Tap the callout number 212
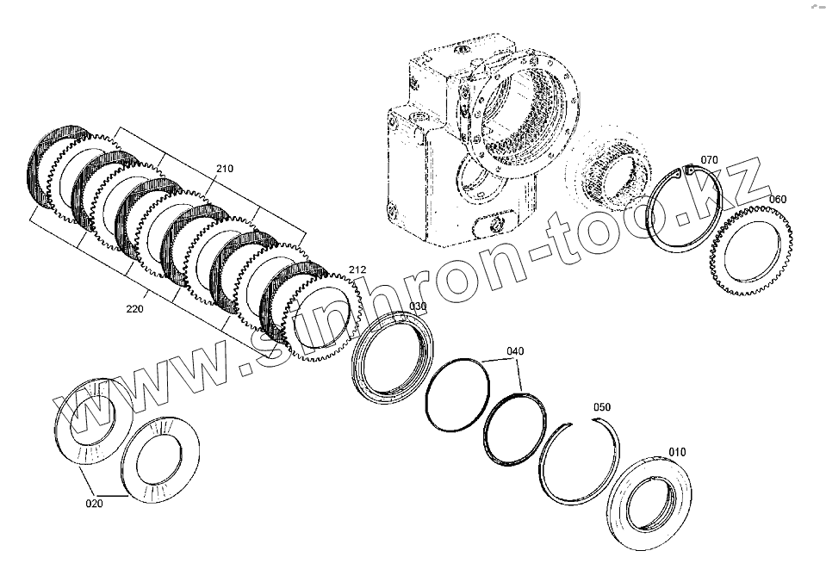point(357,272)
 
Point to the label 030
point(417,306)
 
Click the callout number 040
point(514,351)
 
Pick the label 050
point(601,407)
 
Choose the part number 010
point(678,451)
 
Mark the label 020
point(94,504)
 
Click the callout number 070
point(709,160)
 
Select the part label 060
point(777,200)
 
